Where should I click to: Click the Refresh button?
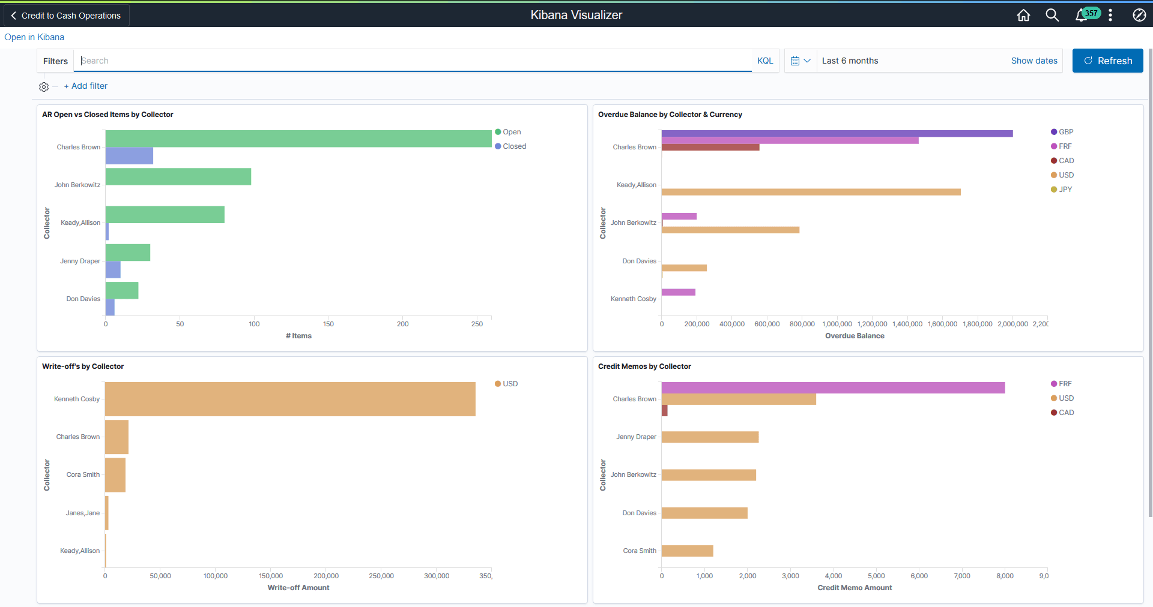click(1107, 61)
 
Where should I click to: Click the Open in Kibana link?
click(34, 37)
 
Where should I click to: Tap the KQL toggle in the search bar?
click(764, 61)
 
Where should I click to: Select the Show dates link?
click(1033, 61)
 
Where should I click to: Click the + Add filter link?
click(86, 86)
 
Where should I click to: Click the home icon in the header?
click(1023, 15)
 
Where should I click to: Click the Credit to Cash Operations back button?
click(66, 16)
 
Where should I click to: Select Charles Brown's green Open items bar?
click(298, 139)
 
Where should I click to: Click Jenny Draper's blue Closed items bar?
click(113, 270)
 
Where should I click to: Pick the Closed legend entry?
click(513, 146)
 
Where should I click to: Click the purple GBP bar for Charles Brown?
click(837, 133)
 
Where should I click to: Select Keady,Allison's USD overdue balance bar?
click(811, 192)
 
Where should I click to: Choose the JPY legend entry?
click(1065, 190)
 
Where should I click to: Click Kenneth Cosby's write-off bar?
click(290, 399)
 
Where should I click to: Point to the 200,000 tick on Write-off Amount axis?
click(326, 576)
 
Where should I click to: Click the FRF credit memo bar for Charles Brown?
click(833, 387)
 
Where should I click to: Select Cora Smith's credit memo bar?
click(687, 551)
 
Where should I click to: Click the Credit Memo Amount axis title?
click(854, 588)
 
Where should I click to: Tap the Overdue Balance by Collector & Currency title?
click(670, 115)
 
